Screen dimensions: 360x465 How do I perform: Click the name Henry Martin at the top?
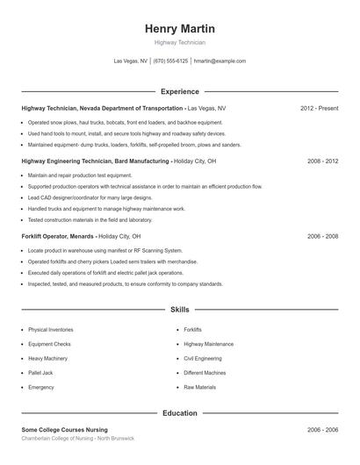[x=179, y=29]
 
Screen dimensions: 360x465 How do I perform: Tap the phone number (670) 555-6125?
[x=170, y=61]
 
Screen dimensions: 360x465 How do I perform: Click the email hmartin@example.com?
[x=220, y=61]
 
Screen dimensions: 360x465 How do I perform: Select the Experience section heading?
[x=179, y=91]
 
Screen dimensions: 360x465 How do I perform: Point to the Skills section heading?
[x=179, y=310]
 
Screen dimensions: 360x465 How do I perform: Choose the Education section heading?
[x=179, y=411]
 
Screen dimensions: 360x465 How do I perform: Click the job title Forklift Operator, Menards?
[x=58, y=237]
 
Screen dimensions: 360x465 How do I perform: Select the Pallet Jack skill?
[x=41, y=372]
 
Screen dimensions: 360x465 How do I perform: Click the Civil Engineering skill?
[x=203, y=358]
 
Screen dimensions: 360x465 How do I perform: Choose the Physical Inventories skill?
[x=50, y=329]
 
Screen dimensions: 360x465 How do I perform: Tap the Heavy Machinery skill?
[x=47, y=358]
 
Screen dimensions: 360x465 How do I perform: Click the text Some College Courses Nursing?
[x=65, y=429]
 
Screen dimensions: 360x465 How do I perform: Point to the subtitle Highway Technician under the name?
[x=179, y=42]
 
